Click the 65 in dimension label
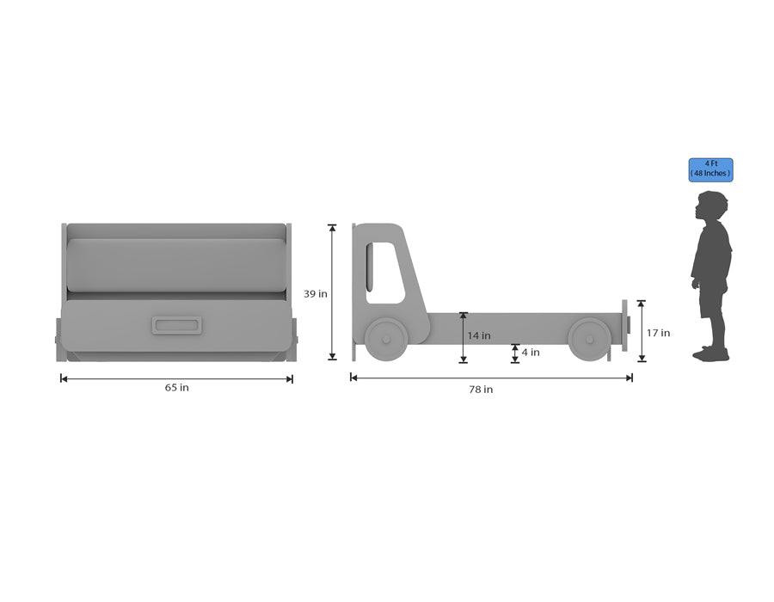pos(176,388)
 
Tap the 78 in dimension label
pos(481,390)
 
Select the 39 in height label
pos(316,294)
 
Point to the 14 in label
pos(479,335)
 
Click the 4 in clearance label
pos(531,353)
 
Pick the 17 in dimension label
pos(659,333)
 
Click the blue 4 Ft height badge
pos(711,169)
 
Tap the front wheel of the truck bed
pos(386,339)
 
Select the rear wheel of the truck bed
pos(589,340)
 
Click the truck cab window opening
pos(385,273)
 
